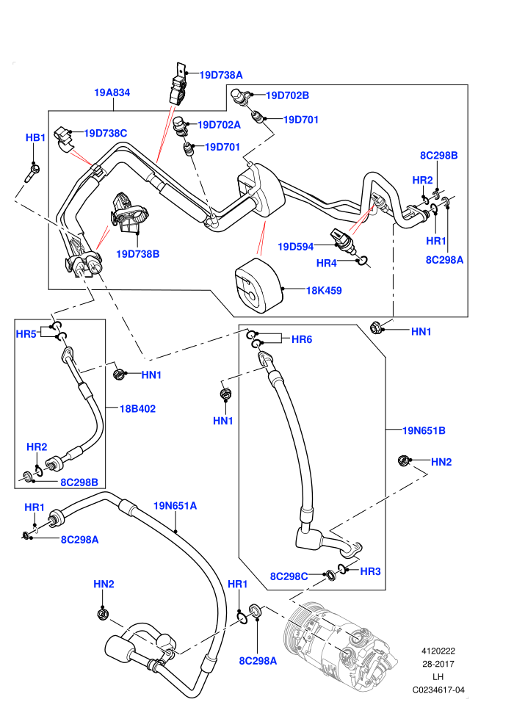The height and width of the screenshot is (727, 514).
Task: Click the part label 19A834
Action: click(112, 93)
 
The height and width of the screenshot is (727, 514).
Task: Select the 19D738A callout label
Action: click(221, 75)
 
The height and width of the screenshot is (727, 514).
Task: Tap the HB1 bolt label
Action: click(35, 138)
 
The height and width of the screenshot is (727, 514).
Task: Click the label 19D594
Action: click(296, 247)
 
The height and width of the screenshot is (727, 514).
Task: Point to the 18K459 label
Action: click(324, 291)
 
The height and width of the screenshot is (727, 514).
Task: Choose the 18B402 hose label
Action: click(137, 409)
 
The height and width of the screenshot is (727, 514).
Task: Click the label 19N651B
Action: click(424, 431)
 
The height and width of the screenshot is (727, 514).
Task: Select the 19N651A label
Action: click(175, 506)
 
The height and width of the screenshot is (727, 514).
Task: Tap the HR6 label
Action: click(302, 339)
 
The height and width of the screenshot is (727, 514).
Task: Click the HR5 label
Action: click(26, 334)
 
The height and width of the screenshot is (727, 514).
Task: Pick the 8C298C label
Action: click(289, 576)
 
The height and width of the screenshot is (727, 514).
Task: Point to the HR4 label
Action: click(326, 264)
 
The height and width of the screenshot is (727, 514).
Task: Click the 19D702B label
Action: click(287, 95)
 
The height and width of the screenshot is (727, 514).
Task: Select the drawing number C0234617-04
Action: click(438, 690)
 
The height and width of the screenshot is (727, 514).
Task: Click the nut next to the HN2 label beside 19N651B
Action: click(404, 460)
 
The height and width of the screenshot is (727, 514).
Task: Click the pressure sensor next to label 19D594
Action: click(343, 241)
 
